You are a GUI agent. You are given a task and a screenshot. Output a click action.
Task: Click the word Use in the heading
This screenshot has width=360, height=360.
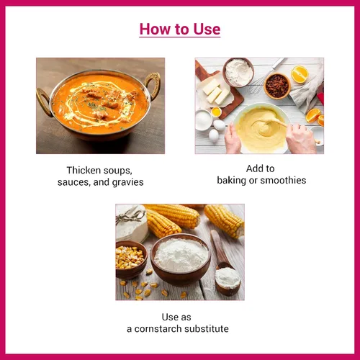pyautogui.click(x=207, y=29)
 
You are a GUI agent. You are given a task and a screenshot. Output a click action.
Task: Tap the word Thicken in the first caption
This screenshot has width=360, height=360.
pyautogui.click(x=84, y=170)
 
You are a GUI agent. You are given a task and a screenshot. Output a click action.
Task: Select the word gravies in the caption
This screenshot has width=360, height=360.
pyautogui.click(x=127, y=182)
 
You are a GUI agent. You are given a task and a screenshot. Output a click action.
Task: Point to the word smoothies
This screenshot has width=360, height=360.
pyautogui.click(x=283, y=180)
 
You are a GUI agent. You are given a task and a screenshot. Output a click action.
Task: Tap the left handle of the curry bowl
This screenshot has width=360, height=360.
pyautogui.click(x=44, y=102)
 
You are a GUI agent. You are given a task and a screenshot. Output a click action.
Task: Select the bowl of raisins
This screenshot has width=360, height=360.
pyautogui.click(x=277, y=86)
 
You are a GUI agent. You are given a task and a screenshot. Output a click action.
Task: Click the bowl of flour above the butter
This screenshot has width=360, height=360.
pyautogui.click(x=238, y=71)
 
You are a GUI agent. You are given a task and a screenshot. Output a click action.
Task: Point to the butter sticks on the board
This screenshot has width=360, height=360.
pyautogui.click(x=215, y=91)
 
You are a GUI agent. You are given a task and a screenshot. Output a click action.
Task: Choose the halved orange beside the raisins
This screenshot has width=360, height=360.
pyautogui.click(x=300, y=74)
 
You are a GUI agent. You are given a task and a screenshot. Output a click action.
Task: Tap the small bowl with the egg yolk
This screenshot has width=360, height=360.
pyautogui.click(x=216, y=112)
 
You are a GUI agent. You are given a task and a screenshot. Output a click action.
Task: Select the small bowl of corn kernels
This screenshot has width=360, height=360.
pyautogui.click(x=131, y=259)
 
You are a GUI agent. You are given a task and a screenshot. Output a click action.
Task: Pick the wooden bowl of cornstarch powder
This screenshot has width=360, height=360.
pyautogui.click(x=181, y=259)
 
